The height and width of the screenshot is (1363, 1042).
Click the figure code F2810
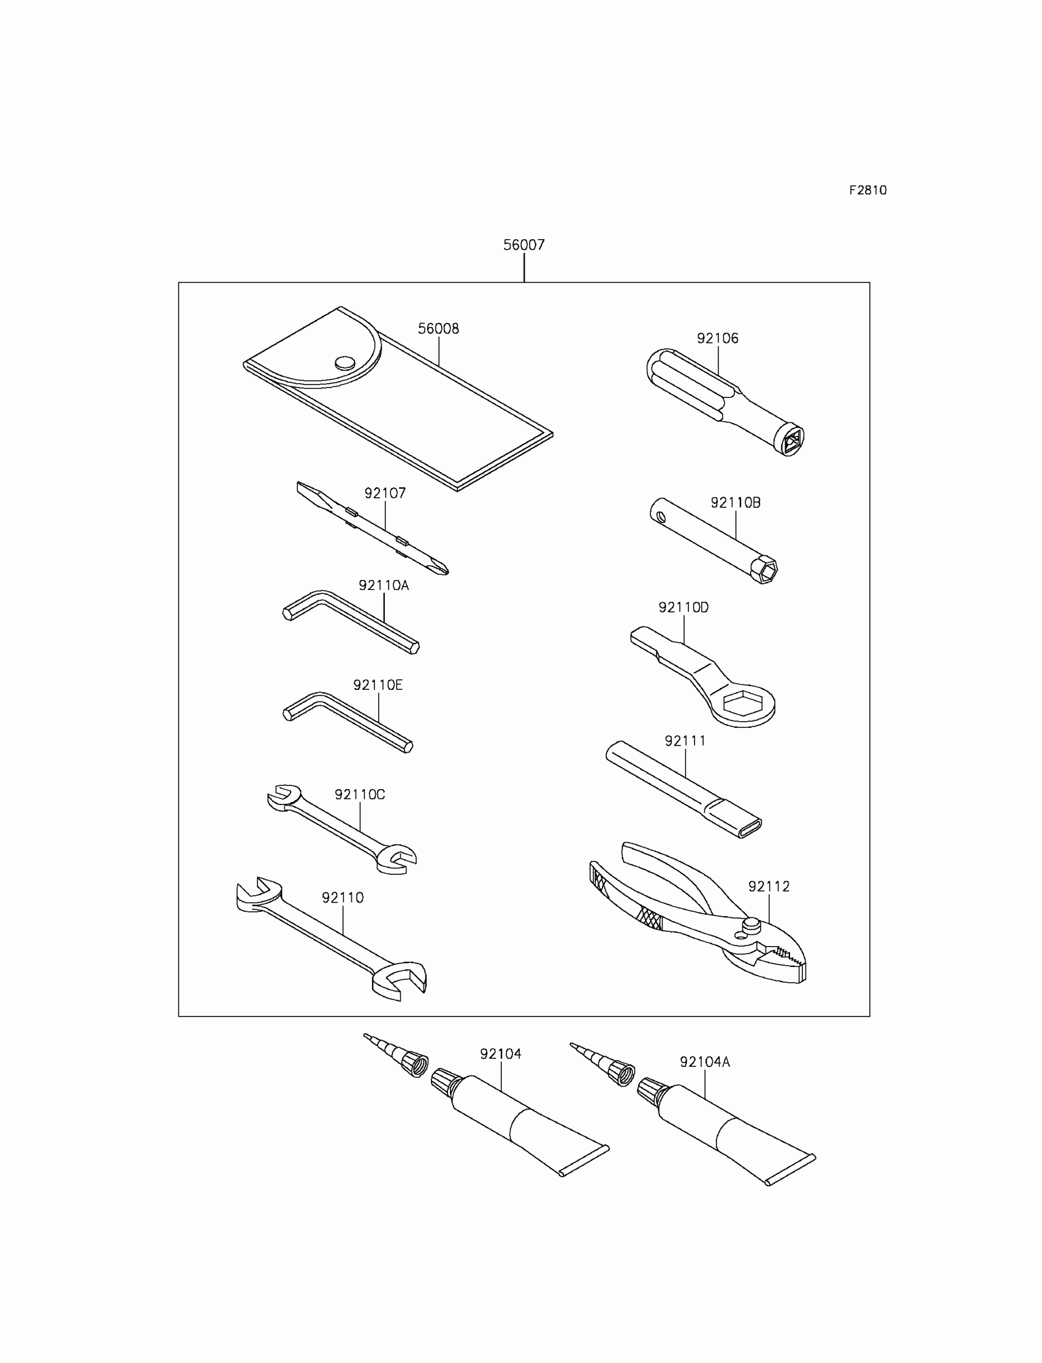[868, 191]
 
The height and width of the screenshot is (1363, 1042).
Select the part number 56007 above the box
[523, 245]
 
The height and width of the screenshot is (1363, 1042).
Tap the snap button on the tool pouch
[345, 363]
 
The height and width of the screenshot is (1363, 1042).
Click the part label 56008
[438, 329]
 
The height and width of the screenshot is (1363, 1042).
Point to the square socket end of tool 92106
[791, 441]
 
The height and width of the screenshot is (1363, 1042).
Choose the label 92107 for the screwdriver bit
[384, 493]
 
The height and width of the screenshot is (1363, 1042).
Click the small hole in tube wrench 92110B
[662, 516]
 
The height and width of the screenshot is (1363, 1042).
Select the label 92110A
[383, 585]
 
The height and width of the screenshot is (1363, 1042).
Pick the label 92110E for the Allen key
[378, 685]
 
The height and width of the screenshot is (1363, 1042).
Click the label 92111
[685, 741]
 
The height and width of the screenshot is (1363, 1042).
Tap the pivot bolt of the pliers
[751, 926]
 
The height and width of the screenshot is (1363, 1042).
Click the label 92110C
[360, 795]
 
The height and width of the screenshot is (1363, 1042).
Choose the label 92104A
[705, 1062]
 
